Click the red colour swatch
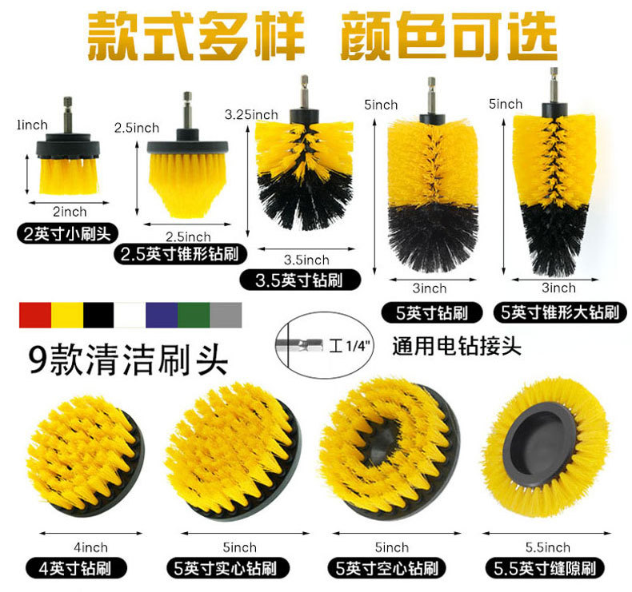(34, 315)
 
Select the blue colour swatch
(162, 315)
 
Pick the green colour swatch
(193, 315)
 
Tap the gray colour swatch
(225, 315)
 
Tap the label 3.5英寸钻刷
(300, 280)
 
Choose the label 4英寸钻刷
(78, 569)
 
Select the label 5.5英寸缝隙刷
(547, 569)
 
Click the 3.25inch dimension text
(251, 115)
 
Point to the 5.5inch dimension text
(548, 547)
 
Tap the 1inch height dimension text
(32, 125)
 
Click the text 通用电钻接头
(457, 348)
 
